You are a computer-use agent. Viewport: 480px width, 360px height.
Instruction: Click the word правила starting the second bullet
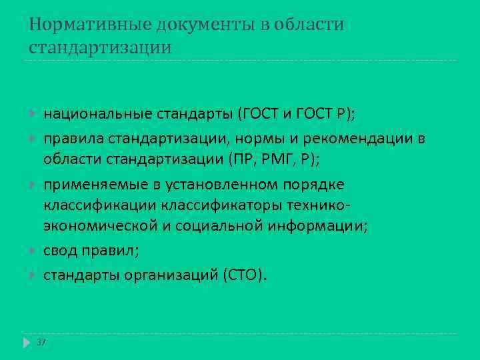71,138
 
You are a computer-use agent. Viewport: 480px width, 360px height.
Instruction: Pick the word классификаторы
227,205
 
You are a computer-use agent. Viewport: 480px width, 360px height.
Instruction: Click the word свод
61,251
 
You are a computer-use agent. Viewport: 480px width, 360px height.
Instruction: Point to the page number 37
41,343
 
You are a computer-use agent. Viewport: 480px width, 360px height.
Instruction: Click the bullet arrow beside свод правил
32,251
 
